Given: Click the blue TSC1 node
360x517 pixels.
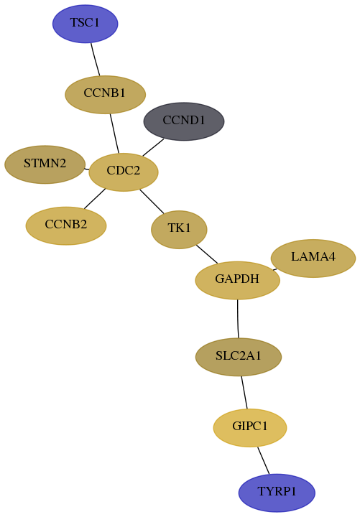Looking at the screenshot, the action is click(x=85, y=24).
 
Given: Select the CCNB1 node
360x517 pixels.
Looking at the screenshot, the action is click(x=105, y=95).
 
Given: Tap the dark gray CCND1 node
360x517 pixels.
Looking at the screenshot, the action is click(x=184, y=121).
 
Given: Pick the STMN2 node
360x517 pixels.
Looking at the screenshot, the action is click(x=45, y=164).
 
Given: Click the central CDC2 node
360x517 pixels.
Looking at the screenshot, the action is click(x=124, y=172).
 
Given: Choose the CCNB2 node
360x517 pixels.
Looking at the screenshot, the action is click(x=66, y=226).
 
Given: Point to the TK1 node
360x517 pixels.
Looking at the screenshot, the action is click(x=179, y=230).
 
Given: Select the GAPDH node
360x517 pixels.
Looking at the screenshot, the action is click(x=238, y=280).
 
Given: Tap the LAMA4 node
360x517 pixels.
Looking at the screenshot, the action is click(x=313, y=258).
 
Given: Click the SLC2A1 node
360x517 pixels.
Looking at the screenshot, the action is click(x=239, y=357).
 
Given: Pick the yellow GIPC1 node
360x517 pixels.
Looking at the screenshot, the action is click(x=250, y=428).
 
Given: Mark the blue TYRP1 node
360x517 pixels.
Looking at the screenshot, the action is click(x=277, y=493).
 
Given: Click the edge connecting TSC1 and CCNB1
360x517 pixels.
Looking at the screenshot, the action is click(x=96, y=60).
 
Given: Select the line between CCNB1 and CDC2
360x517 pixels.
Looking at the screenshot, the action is click(x=114, y=134).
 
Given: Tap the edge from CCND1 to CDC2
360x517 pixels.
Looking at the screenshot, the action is click(x=153, y=147).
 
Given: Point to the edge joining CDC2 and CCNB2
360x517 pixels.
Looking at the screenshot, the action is click(x=94, y=199).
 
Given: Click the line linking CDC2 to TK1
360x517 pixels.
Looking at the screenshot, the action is click(x=152, y=201).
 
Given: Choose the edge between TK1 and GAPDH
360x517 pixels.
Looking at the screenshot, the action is click(x=207, y=254).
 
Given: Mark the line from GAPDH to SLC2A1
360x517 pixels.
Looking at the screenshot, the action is click(x=238, y=319).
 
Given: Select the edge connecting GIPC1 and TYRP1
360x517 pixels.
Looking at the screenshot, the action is click(x=263, y=460).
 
